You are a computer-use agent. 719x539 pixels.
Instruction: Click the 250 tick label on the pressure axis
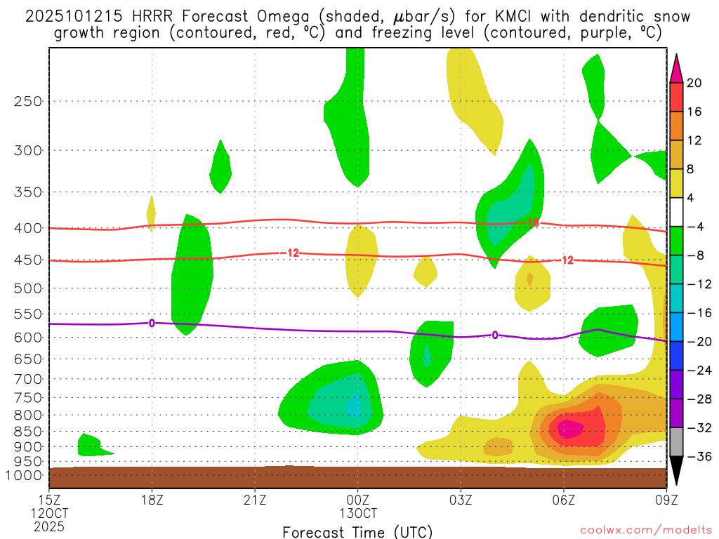(x=29, y=101)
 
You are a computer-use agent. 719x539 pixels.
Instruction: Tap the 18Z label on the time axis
(x=152, y=500)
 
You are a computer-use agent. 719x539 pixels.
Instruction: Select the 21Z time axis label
(x=255, y=500)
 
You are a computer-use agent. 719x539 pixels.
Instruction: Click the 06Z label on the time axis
(x=563, y=500)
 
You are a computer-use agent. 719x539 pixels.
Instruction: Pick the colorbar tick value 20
(x=694, y=83)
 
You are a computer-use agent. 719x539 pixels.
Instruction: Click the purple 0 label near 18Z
(x=152, y=323)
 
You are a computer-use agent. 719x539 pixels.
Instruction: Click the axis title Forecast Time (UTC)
(x=357, y=531)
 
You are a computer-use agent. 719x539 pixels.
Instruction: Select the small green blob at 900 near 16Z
(x=91, y=445)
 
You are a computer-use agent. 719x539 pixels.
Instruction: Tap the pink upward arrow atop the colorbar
(x=675, y=68)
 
